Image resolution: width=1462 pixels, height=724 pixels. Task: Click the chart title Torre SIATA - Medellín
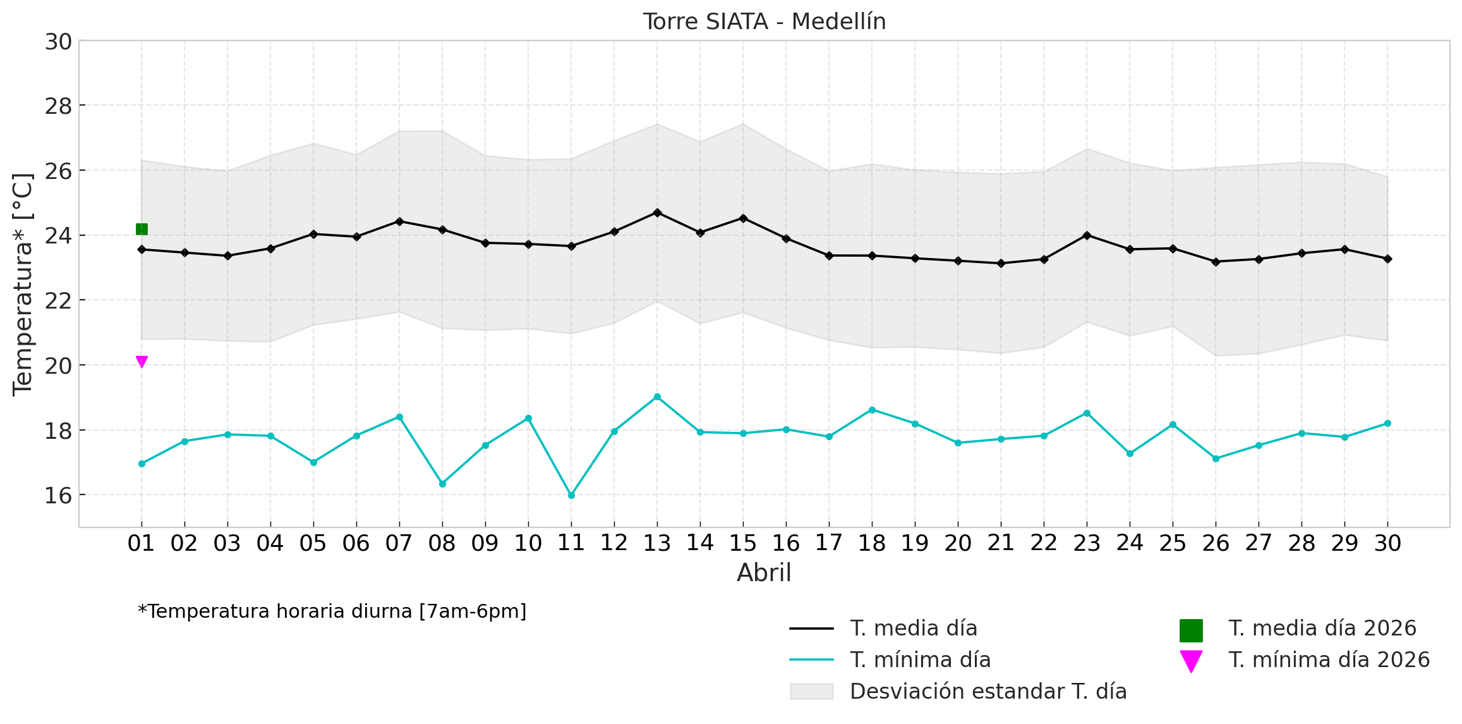point(764,21)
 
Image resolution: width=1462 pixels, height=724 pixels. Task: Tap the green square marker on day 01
point(142,229)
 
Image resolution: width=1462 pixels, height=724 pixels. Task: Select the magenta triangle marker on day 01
point(142,362)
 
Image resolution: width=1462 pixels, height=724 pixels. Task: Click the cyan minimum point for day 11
point(571,496)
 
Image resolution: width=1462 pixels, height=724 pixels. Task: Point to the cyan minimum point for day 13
point(657,397)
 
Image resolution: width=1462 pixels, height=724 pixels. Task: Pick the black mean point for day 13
point(657,212)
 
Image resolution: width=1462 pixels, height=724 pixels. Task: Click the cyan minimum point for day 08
point(442,484)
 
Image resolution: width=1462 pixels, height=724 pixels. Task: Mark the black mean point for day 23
point(1087,235)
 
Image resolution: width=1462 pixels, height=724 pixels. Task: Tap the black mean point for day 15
point(743,218)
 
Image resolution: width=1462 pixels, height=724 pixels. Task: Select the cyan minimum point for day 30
point(1387,424)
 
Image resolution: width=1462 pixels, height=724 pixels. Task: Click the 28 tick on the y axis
point(58,106)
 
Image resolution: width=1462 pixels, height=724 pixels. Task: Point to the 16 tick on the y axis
point(58,495)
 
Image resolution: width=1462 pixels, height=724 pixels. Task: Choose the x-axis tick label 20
point(958,543)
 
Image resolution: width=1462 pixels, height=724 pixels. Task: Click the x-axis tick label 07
point(399,543)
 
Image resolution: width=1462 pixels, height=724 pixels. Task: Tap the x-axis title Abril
point(764,573)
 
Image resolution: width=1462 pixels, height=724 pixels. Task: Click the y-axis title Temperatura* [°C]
point(23,285)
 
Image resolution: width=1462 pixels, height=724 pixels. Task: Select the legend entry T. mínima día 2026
point(1329,660)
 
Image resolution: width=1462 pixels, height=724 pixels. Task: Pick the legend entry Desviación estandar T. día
point(988,692)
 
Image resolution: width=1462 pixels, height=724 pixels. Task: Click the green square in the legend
point(1191,630)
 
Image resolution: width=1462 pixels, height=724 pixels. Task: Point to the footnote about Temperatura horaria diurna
point(332,611)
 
